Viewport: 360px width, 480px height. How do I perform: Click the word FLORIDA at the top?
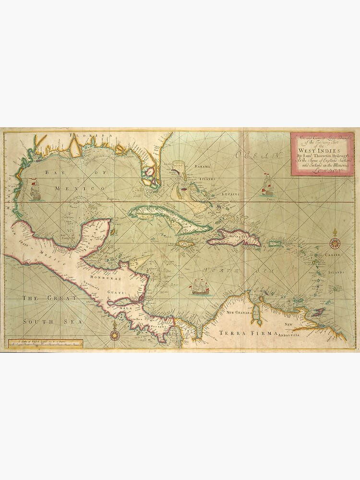tap(90, 136)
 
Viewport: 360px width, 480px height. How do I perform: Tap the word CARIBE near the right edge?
tap(332, 255)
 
